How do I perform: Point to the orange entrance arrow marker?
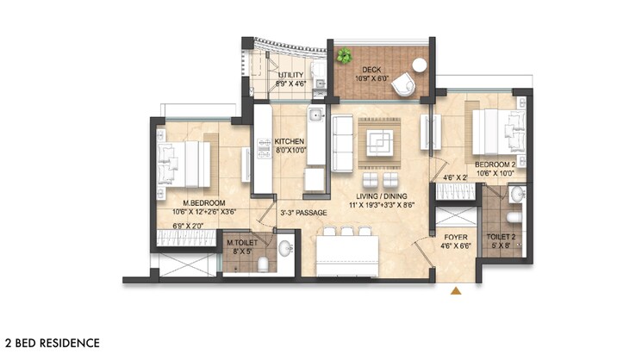pos(456,290)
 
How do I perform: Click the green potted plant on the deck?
pos(345,57)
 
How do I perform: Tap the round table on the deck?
pos(420,65)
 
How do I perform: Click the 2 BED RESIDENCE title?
pos(52,343)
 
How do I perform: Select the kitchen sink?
pos(316,115)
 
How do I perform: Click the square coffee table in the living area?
pos(379,141)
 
